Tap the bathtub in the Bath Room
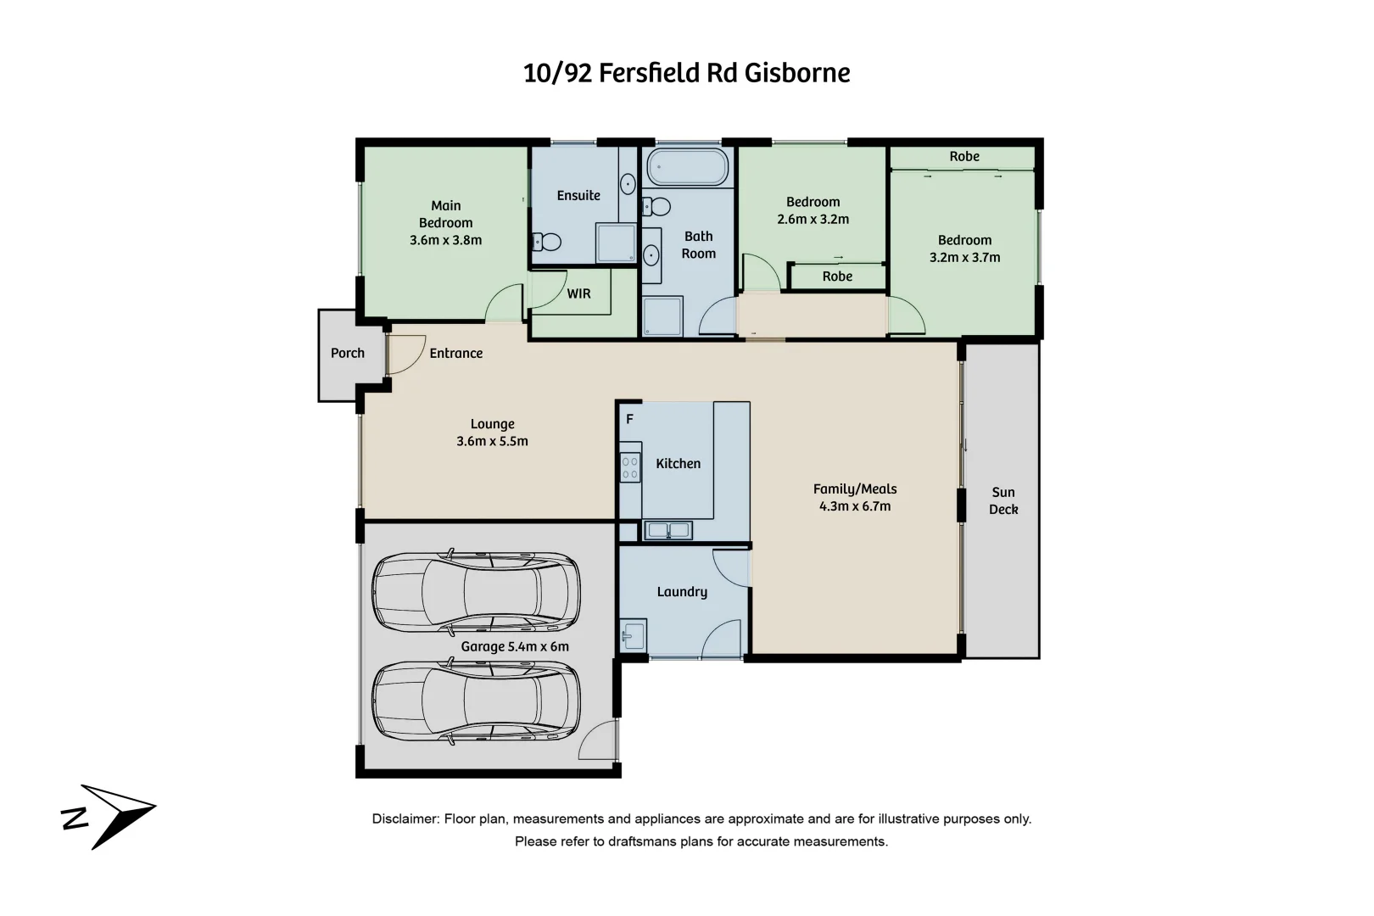click(685, 167)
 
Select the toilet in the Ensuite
click(548, 243)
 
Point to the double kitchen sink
click(668, 531)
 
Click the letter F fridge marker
click(629, 419)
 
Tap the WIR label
click(578, 293)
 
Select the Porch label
click(347, 353)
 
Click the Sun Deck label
click(1003, 500)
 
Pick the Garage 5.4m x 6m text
click(515, 646)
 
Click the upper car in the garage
click(477, 592)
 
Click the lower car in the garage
click(477, 701)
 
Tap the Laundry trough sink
click(633, 635)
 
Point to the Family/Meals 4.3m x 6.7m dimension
click(855, 506)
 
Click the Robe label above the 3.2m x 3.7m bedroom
click(964, 156)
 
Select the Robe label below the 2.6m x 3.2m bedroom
click(837, 276)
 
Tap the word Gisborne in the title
click(797, 73)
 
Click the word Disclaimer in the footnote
click(404, 819)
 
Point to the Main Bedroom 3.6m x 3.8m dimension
click(445, 240)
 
